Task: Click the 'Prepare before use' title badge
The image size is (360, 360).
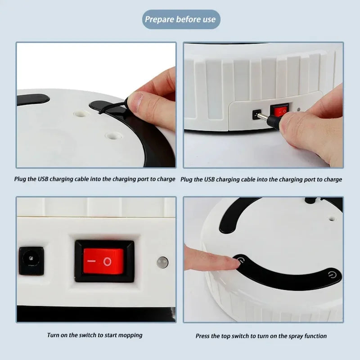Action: click(x=180, y=19)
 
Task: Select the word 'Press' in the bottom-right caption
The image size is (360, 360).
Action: click(x=203, y=336)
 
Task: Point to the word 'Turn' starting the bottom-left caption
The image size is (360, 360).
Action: click(x=54, y=335)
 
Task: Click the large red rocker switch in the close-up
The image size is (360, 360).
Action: click(x=103, y=261)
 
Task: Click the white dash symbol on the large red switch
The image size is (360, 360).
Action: click(x=92, y=261)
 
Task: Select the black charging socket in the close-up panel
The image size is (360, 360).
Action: click(x=31, y=261)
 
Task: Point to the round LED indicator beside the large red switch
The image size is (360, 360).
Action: click(x=161, y=261)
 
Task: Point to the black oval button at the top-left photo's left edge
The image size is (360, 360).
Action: click(x=32, y=99)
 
